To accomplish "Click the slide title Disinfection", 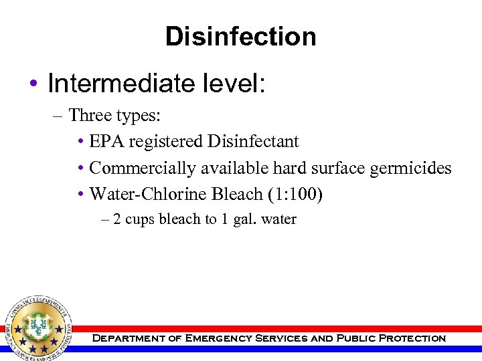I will (241, 36).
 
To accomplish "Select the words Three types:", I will (114, 116).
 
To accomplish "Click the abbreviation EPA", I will (107, 142).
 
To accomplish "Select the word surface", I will (335, 168).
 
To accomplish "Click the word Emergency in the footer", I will (218, 338).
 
